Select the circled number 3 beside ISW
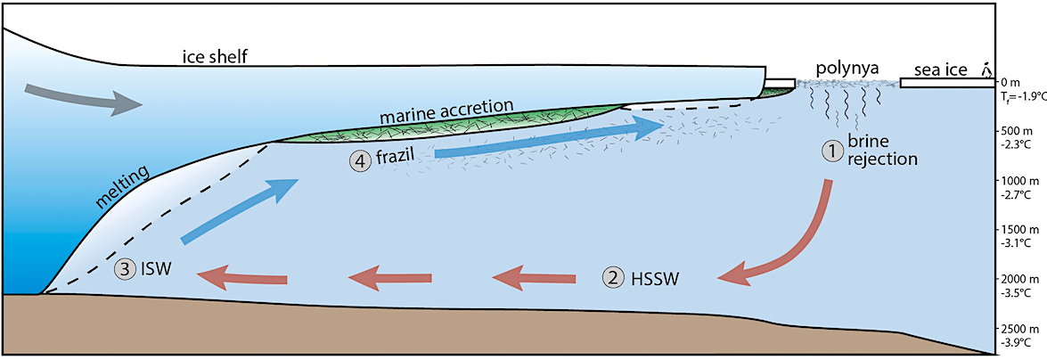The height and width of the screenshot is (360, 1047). (x=125, y=267)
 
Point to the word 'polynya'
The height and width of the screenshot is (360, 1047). (x=847, y=67)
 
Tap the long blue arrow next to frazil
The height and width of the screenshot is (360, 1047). (x=549, y=142)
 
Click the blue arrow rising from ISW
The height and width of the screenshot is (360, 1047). (x=239, y=209)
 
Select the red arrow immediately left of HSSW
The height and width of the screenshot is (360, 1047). (x=533, y=278)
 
